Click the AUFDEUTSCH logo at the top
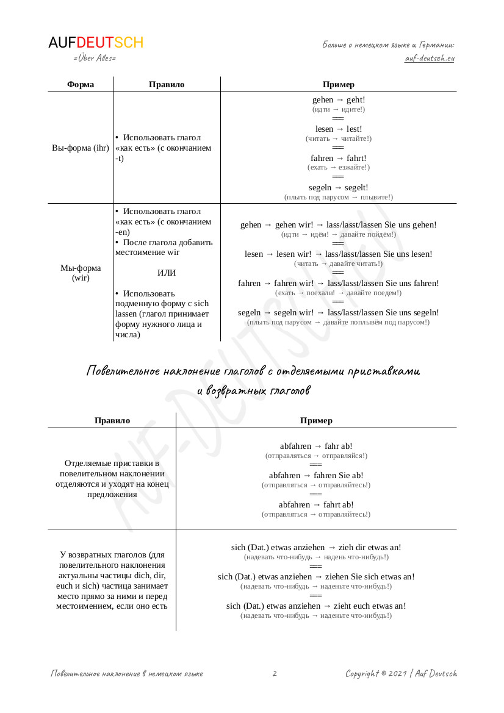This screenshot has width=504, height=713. tap(96, 43)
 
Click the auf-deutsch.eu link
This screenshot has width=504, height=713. tap(430, 59)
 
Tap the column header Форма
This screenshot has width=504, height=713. tap(81, 84)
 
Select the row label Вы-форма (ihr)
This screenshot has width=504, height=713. tap(81, 148)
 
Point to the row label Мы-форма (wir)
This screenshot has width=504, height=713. tap(81, 273)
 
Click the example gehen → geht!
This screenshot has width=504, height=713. tap(338, 100)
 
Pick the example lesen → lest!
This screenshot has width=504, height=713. tap(338, 129)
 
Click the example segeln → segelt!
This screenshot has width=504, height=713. tap(338, 188)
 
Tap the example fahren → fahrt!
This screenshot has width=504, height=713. tap(338, 159)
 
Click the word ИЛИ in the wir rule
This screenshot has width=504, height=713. tap(167, 273)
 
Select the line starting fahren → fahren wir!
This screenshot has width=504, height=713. tap(338, 284)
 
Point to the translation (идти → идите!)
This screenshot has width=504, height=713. tap(338, 110)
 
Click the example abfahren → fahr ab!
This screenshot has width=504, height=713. tap(316, 446)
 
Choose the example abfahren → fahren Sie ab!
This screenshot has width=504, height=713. tap(316, 476)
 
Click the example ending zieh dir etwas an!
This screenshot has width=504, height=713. tap(316, 548)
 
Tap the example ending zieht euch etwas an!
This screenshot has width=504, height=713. tap(316, 606)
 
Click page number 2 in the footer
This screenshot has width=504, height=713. tap(275, 674)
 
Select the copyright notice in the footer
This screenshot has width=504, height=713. tap(401, 674)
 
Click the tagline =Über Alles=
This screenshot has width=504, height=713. tap(94, 59)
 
